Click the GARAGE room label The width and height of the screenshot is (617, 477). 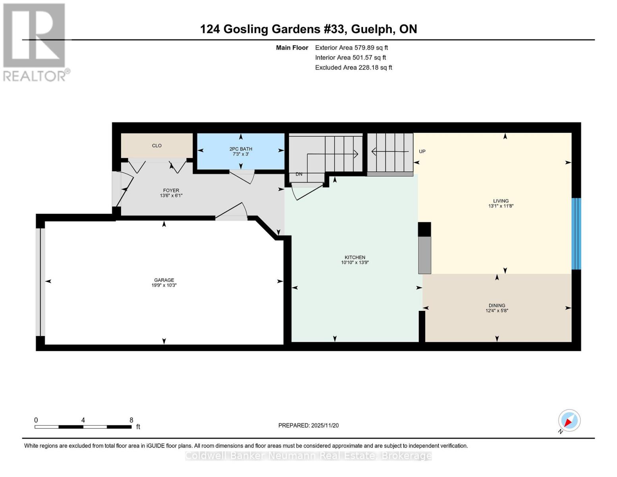[164, 280]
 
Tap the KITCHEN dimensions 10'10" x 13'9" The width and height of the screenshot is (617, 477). [355, 262]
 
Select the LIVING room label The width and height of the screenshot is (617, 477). [501, 201]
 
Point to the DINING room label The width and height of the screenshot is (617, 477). [497, 305]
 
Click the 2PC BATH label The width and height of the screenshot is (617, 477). [241, 149]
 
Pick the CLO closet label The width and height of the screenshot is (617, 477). [157, 145]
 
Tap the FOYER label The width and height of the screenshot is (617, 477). [171, 190]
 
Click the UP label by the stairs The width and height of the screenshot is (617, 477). [422, 151]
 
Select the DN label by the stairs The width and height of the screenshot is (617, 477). [299, 174]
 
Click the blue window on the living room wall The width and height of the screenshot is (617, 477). [576, 234]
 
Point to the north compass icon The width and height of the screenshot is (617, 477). [569, 421]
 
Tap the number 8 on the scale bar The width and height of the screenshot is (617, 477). [131, 420]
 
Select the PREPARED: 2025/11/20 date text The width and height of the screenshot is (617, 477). [308, 425]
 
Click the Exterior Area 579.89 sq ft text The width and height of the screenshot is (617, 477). [351, 47]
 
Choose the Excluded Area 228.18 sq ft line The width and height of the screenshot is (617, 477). [353, 68]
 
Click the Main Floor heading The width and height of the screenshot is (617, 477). [292, 47]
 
